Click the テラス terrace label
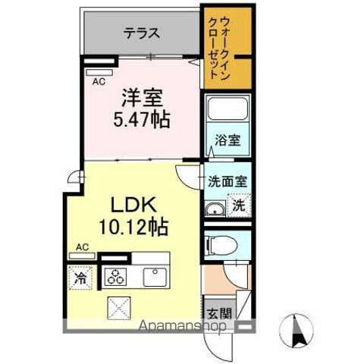[142, 33]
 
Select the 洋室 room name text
[143, 97]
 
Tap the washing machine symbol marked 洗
[238, 206]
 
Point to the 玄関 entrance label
[213, 312]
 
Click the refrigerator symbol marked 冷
[80, 278]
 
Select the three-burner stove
[116, 276]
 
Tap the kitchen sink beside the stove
[154, 275]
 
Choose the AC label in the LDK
[82, 246]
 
